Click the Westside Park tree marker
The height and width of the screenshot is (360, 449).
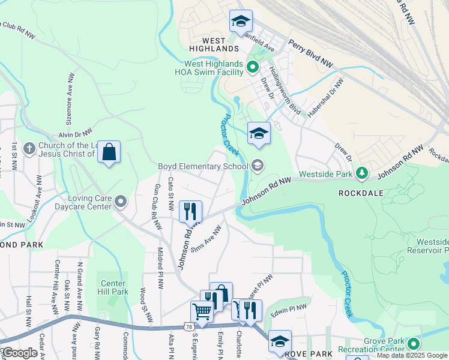[x=361, y=173]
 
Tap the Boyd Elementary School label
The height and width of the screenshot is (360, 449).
[x=202, y=166]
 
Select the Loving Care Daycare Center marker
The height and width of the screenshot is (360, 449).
[x=121, y=201]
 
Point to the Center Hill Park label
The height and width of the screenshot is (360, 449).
[x=112, y=288]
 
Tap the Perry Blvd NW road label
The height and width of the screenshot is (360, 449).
[x=310, y=53]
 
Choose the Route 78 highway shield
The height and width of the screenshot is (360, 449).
[x=189, y=326]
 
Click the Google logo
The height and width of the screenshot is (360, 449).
[x=19, y=353]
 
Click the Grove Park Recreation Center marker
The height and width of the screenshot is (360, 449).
[x=413, y=344]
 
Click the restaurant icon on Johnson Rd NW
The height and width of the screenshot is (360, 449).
[x=190, y=211]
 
